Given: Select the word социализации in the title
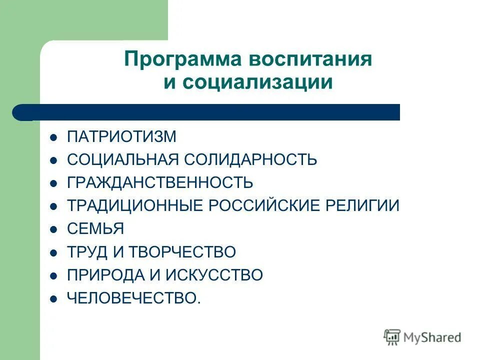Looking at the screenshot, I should click(x=257, y=82).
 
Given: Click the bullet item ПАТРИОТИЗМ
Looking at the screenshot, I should click(x=121, y=136).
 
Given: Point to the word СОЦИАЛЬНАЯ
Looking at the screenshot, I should click(x=123, y=160).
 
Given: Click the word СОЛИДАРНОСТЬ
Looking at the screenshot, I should click(x=250, y=160).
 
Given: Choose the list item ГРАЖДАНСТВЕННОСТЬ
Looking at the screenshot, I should click(x=160, y=182).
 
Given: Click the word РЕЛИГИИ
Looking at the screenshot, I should click(x=364, y=206).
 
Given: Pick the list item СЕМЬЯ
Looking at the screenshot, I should click(x=95, y=229).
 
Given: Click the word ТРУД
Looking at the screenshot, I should click(x=87, y=252).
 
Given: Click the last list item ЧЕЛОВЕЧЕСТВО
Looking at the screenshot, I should click(x=133, y=298).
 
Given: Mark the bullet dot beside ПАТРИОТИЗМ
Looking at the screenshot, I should click(x=54, y=137).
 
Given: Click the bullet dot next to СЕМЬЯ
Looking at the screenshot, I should click(x=54, y=229).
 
